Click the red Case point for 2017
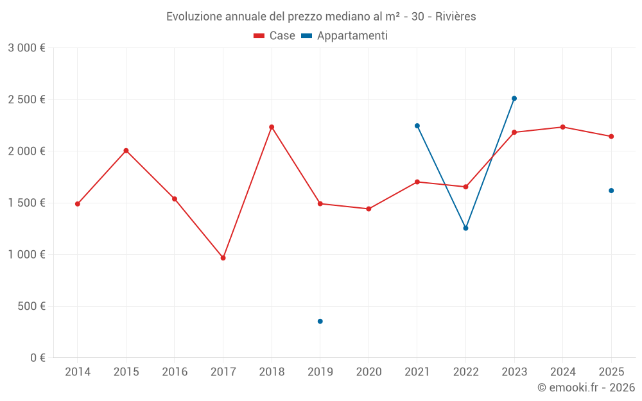click(223, 258)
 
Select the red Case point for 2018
click(272, 127)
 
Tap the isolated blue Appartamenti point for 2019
click(320, 321)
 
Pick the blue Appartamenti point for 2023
click(514, 99)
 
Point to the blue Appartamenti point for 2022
click(465, 228)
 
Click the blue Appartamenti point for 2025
click(611, 191)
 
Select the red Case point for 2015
click(126, 151)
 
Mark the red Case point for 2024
click(562, 127)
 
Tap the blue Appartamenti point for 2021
click(417, 126)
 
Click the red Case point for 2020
click(369, 209)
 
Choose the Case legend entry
click(275, 36)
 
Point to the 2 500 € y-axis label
click(26, 99)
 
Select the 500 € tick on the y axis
click(31, 306)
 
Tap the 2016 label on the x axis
click(175, 372)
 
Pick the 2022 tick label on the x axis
click(465, 372)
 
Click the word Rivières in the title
click(455, 17)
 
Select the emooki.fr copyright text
click(586, 388)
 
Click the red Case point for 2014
click(78, 204)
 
